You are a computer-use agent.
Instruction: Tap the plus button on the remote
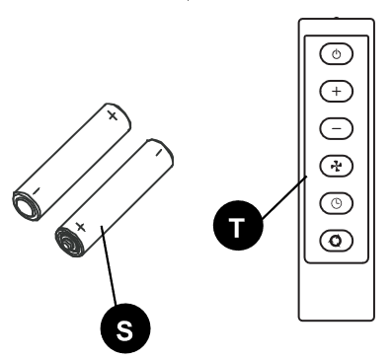(x=337, y=91)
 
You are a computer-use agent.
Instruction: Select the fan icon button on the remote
(x=337, y=165)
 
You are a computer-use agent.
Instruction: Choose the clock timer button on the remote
(x=337, y=202)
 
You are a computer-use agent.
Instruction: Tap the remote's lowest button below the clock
(x=337, y=240)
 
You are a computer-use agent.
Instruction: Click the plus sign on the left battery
(x=112, y=116)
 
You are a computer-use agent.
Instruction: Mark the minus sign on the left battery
(x=35, y=191)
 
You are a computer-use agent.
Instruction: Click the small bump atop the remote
(x=337, y=17)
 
